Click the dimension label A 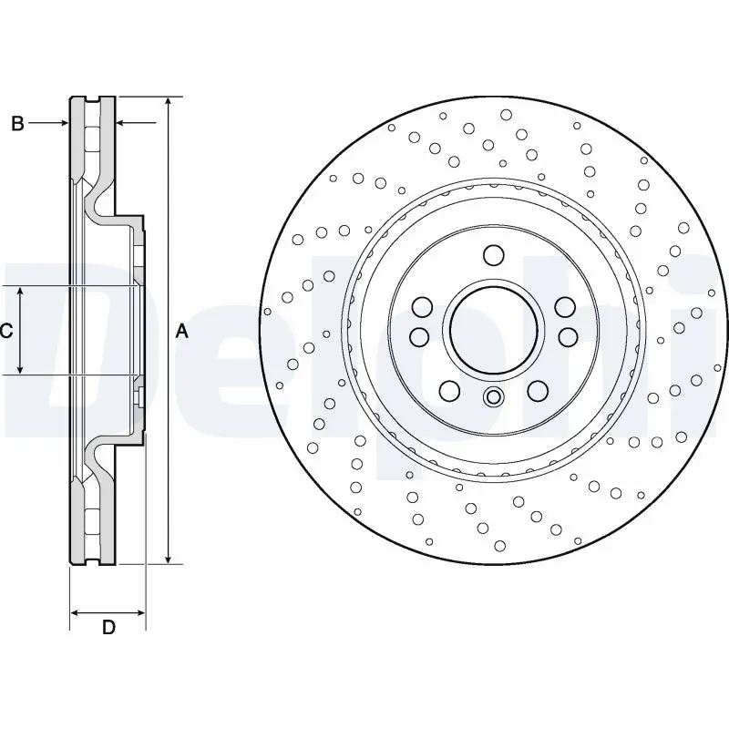[x=181, y=332]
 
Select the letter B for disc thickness [x=17, y=124]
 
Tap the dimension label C [x=6, y=331]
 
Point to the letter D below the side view [x=108, y=627]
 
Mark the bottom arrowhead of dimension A [x=169, y=557]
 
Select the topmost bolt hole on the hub [x=493, y=254]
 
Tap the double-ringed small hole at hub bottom [x=493, y=396]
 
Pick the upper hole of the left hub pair [x=422, y=306]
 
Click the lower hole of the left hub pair [x=419, y=337]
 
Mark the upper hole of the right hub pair [x=565, y=306]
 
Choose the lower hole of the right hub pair [x=567, y=337]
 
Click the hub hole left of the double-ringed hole [x=449, y=391]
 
